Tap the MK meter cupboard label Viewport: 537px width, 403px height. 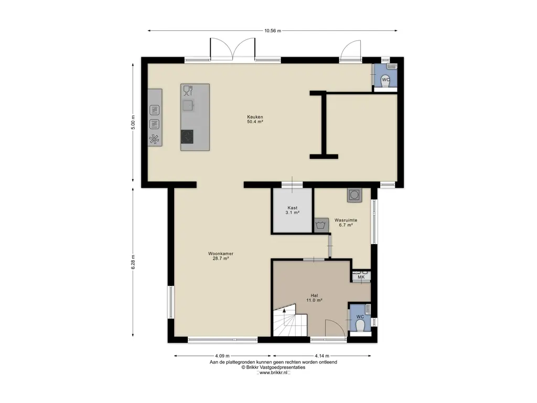pos(361,277)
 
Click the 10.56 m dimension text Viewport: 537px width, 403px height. pos(273,30)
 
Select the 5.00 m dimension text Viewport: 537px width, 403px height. pos(133,122)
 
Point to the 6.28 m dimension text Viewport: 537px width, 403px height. pos(133,262)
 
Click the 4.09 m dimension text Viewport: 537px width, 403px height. pos(222,356)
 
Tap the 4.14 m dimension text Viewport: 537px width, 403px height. pos(322,356)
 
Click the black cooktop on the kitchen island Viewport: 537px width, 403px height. pos(187,137)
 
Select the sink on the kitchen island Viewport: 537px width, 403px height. pos(188,105)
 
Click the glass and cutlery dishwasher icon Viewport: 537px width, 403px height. pos(188,90)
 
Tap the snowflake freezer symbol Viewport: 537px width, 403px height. pos(154,139)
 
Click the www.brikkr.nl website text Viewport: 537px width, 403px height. pos(273,373)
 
